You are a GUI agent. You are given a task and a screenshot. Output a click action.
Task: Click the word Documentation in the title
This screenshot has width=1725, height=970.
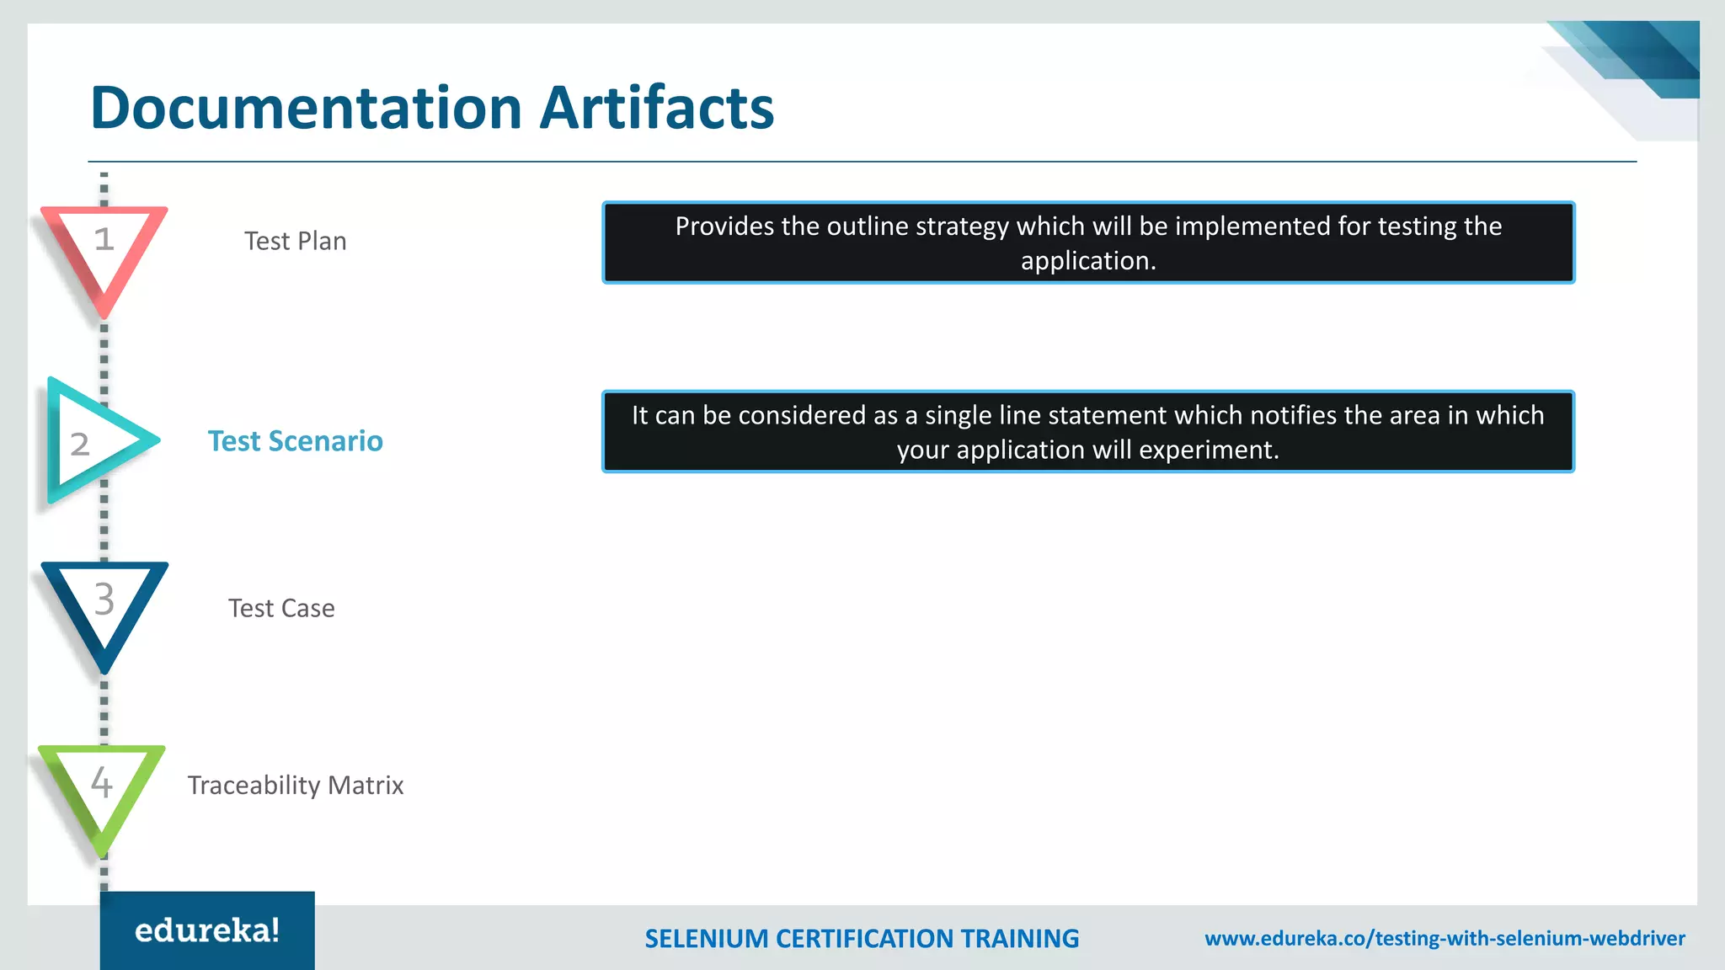tap(307, 108)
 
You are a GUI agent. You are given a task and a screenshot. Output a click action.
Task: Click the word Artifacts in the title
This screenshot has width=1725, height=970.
tap(656, 108)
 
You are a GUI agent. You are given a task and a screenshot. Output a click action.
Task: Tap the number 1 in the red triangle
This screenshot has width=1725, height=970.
tap(104, 239)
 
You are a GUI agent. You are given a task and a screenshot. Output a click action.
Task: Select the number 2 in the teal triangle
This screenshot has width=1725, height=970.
tap(80, 444)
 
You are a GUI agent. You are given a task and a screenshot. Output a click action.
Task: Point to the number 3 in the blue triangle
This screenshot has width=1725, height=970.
tap(104, 600)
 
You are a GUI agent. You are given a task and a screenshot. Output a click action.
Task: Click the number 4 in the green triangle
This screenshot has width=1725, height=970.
tap(101, 782)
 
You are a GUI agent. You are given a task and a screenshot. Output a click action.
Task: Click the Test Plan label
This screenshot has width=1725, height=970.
tap(296, 241)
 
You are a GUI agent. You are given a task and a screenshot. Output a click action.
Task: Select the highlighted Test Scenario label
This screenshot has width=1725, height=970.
tap(296, 441)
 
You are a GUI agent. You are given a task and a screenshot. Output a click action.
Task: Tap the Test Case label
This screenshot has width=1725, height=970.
tap(281, 608)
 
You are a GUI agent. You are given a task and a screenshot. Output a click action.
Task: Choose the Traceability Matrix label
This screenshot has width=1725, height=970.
tap(296, 785)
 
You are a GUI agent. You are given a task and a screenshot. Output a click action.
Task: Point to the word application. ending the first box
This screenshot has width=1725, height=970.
tap(1088, 261)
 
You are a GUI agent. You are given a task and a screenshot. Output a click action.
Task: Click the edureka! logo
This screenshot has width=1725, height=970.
tap(207, 930)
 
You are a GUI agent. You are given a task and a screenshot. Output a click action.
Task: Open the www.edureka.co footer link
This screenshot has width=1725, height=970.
tap(1445, 938)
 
